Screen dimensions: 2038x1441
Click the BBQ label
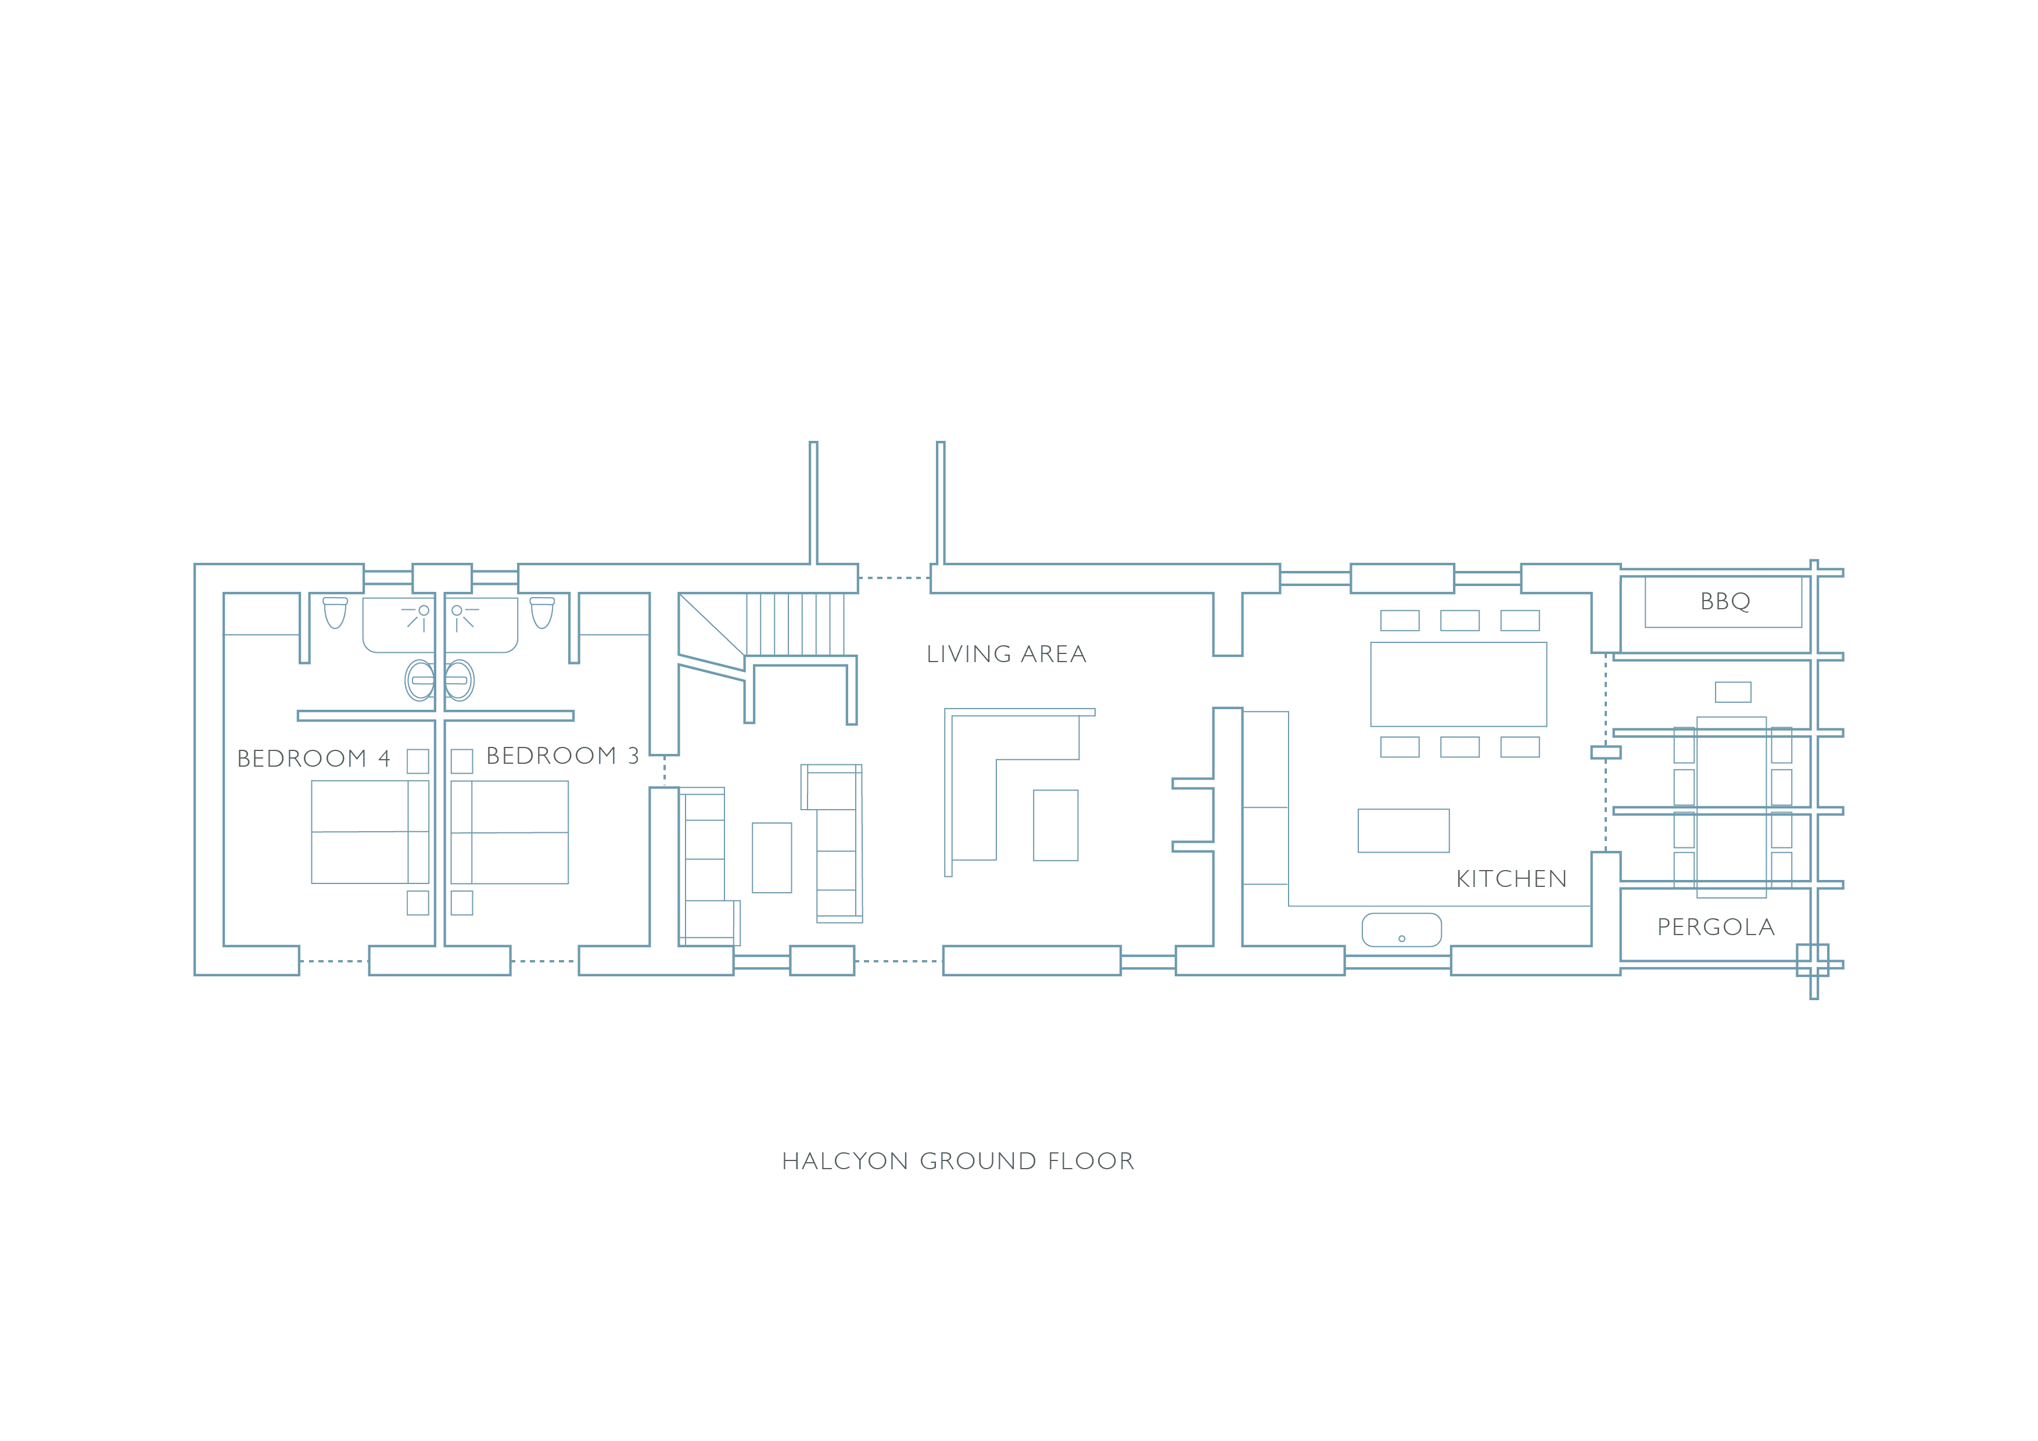(x=1725, y=602)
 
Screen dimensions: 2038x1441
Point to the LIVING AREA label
(x=1007, y=654)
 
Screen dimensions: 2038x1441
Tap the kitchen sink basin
(x=1402, y=930)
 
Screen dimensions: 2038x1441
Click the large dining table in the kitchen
(x=1458, y=684)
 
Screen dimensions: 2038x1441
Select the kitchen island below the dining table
(x=1404, y=831)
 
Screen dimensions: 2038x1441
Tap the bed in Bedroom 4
(x=370, y=831)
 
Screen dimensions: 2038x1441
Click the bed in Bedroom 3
(x=509, y=831)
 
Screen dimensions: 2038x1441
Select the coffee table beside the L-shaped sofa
(x=1056, y=825)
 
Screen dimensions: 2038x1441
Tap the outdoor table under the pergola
(x=1731, y=807)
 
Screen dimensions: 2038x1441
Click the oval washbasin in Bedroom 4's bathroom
(x=420, y=681)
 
